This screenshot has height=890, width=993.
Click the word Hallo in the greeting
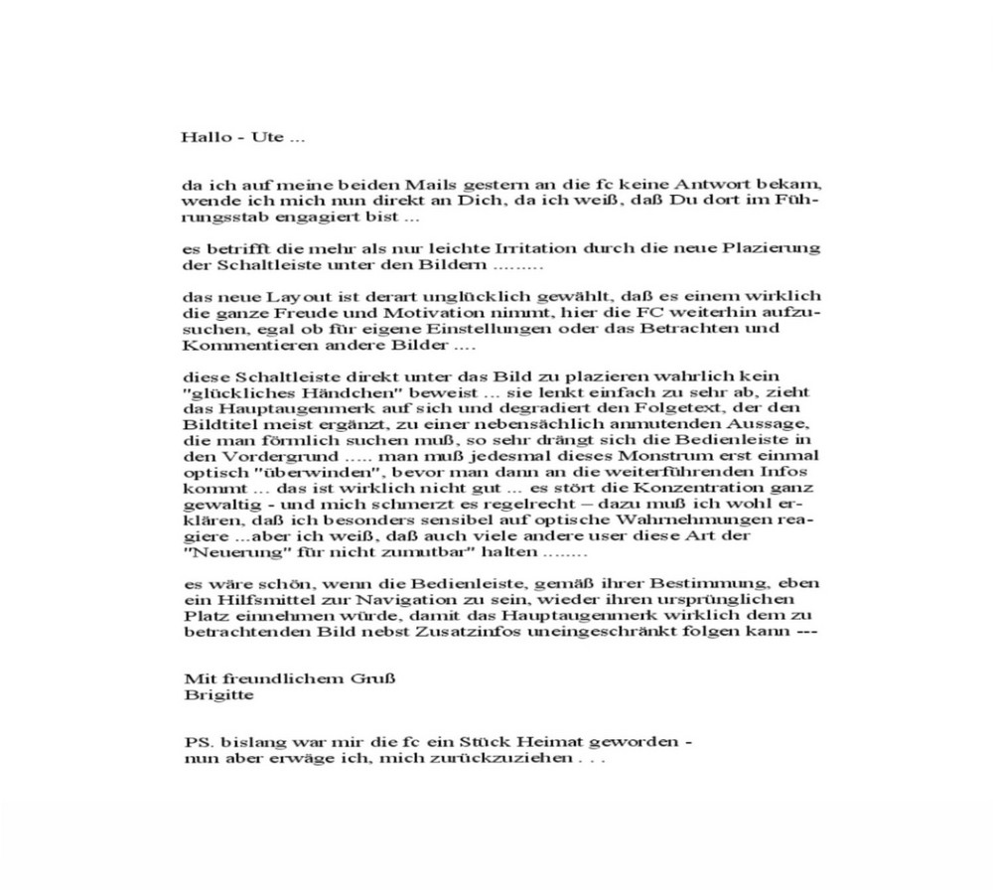203,137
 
